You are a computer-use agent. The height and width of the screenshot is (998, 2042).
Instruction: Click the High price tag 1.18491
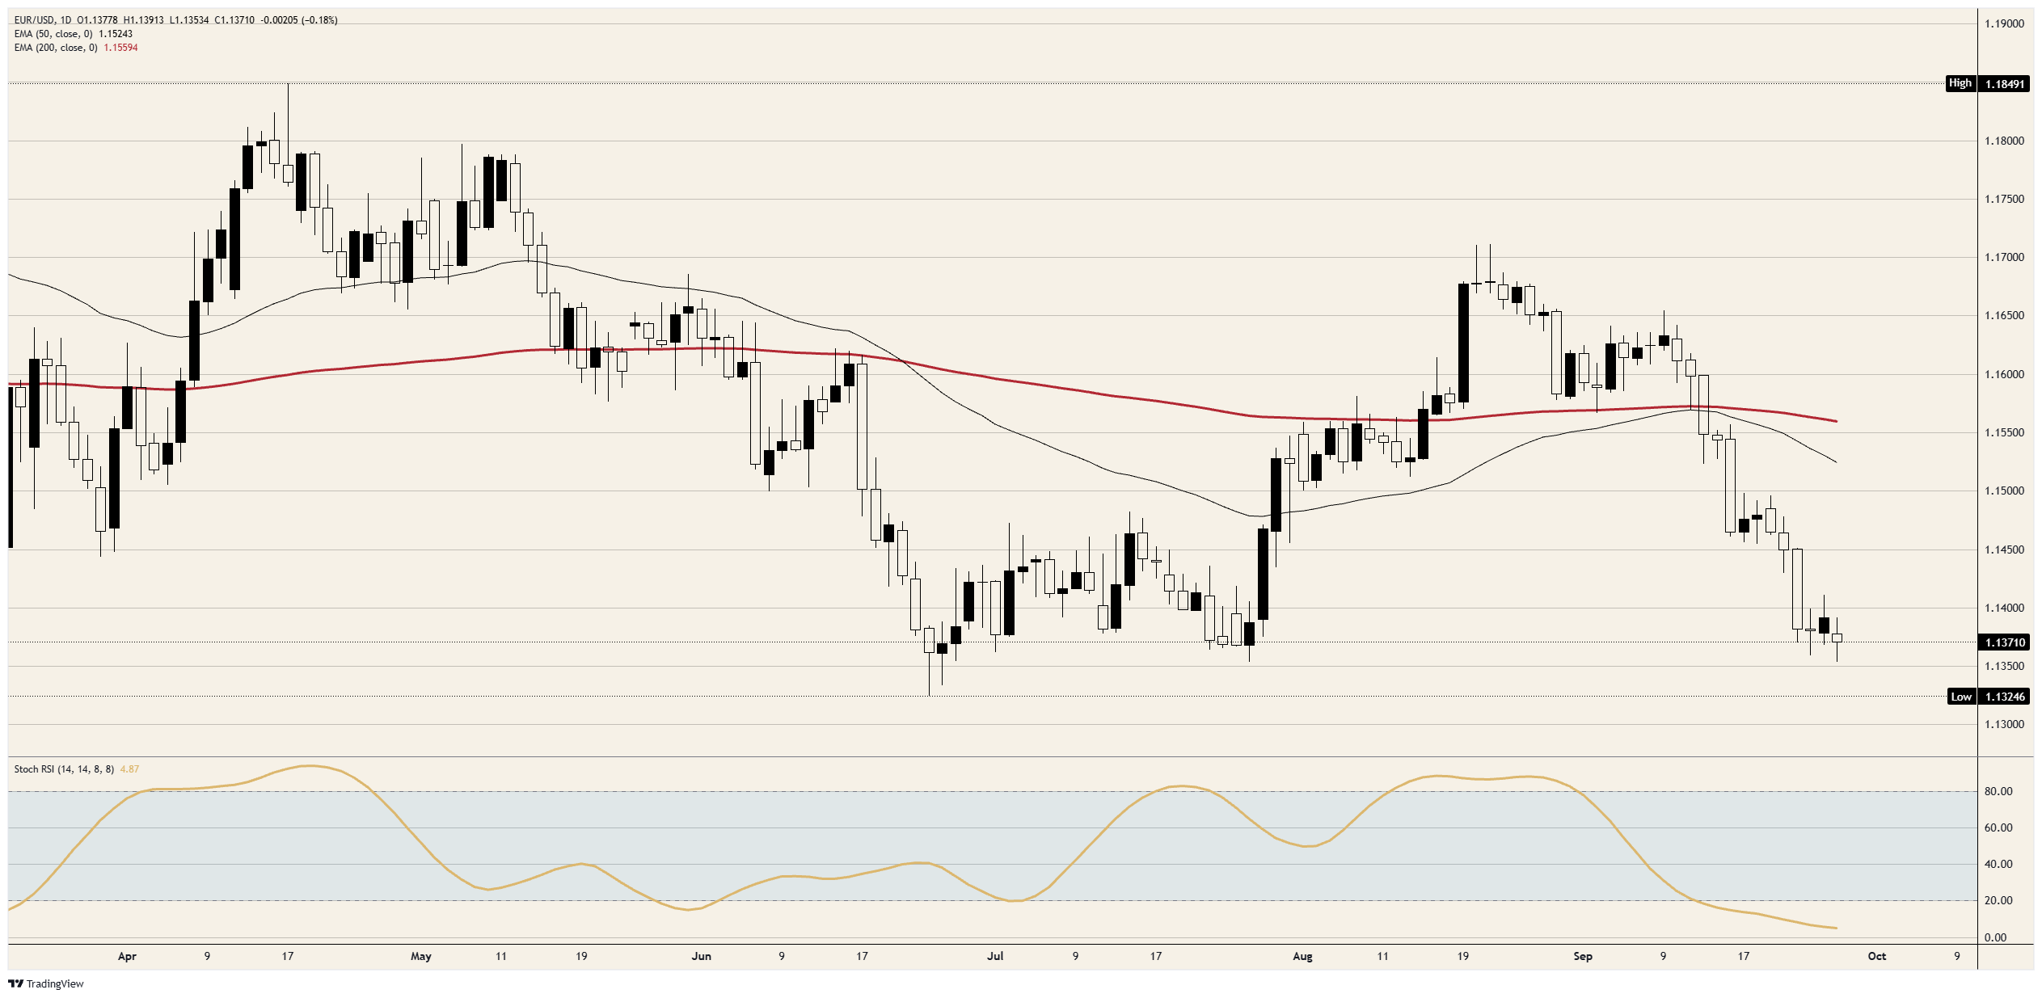(2003, 83)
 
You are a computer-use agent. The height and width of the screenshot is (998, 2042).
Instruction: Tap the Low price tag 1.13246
(2003, 697)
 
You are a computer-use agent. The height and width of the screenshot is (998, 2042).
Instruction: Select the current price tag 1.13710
(2003, 642)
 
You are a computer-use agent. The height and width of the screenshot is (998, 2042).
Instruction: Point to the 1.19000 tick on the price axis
(2004, 23)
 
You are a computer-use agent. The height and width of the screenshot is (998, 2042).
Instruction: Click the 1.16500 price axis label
(2004, 315)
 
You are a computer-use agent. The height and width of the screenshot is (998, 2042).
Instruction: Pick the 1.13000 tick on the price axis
(2004, 724)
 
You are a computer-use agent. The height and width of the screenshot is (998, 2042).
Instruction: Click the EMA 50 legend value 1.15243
(116, 34)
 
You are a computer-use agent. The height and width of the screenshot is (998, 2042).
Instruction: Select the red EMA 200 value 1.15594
(120, 48)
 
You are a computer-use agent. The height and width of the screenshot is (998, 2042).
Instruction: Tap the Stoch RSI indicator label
(64, 769)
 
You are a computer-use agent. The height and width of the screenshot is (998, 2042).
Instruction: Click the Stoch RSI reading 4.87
(129, 769)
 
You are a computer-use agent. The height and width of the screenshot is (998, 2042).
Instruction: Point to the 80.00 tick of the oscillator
(1998, 791)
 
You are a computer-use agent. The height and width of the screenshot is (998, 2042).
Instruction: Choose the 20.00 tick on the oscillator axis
(1998, 900)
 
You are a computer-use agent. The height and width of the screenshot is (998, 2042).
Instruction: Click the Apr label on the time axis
(127, 956)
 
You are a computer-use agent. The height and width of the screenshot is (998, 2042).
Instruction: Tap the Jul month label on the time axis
(995, 956)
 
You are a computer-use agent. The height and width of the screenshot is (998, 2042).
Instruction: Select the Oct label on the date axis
(1876, 956)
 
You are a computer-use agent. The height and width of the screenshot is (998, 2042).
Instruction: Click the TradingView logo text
(55, 983)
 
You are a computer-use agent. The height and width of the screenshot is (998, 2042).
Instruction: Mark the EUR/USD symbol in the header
(35, 20)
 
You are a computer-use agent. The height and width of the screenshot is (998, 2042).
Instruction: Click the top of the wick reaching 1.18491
(288, 83)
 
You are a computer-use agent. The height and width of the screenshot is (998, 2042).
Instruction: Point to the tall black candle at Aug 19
(1463, 343)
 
